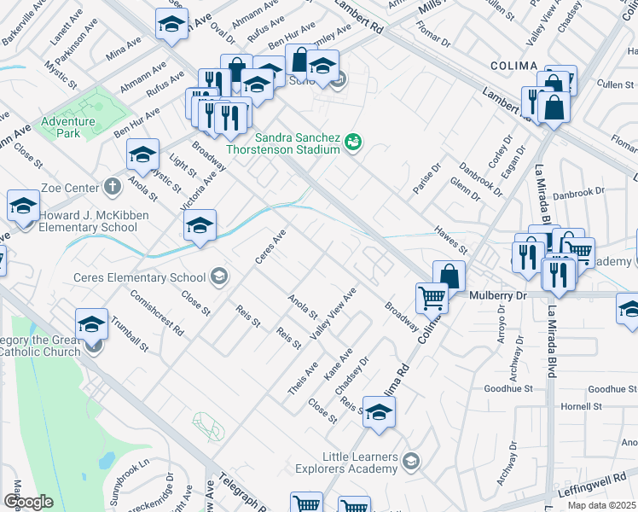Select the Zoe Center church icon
(x=112, y=186)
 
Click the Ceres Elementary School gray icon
(x=220, y=276)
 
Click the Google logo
(x=28, y=502)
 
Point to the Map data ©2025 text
(x=600, y=505)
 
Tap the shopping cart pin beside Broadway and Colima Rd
(x=432, y=298)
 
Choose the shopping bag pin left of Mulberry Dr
(x=449, y=276)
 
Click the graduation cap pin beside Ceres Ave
(x=200, y=226)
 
